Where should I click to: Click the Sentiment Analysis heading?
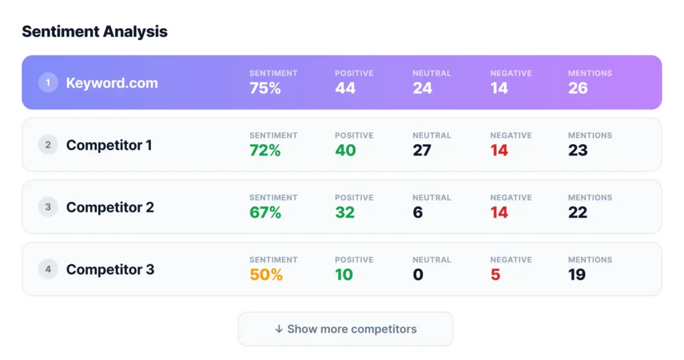94,31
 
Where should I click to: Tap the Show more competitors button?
345,329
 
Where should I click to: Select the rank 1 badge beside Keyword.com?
48,83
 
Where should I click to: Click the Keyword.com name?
112,83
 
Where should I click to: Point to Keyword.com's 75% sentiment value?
265,88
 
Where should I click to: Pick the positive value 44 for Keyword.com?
345,88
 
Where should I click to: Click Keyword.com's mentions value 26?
578,88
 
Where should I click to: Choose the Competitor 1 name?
109,145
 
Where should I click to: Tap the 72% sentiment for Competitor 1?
265,150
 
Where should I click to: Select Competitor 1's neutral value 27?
422,150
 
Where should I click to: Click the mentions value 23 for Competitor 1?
578,150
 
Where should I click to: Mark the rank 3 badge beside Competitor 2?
48,207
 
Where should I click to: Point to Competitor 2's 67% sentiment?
265,212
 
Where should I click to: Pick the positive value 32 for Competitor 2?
345,212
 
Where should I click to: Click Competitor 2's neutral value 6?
418,212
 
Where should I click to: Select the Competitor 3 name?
110,270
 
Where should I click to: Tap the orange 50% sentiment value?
266,275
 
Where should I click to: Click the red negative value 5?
495,275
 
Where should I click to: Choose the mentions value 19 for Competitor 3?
576,275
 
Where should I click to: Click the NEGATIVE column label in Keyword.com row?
511,73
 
